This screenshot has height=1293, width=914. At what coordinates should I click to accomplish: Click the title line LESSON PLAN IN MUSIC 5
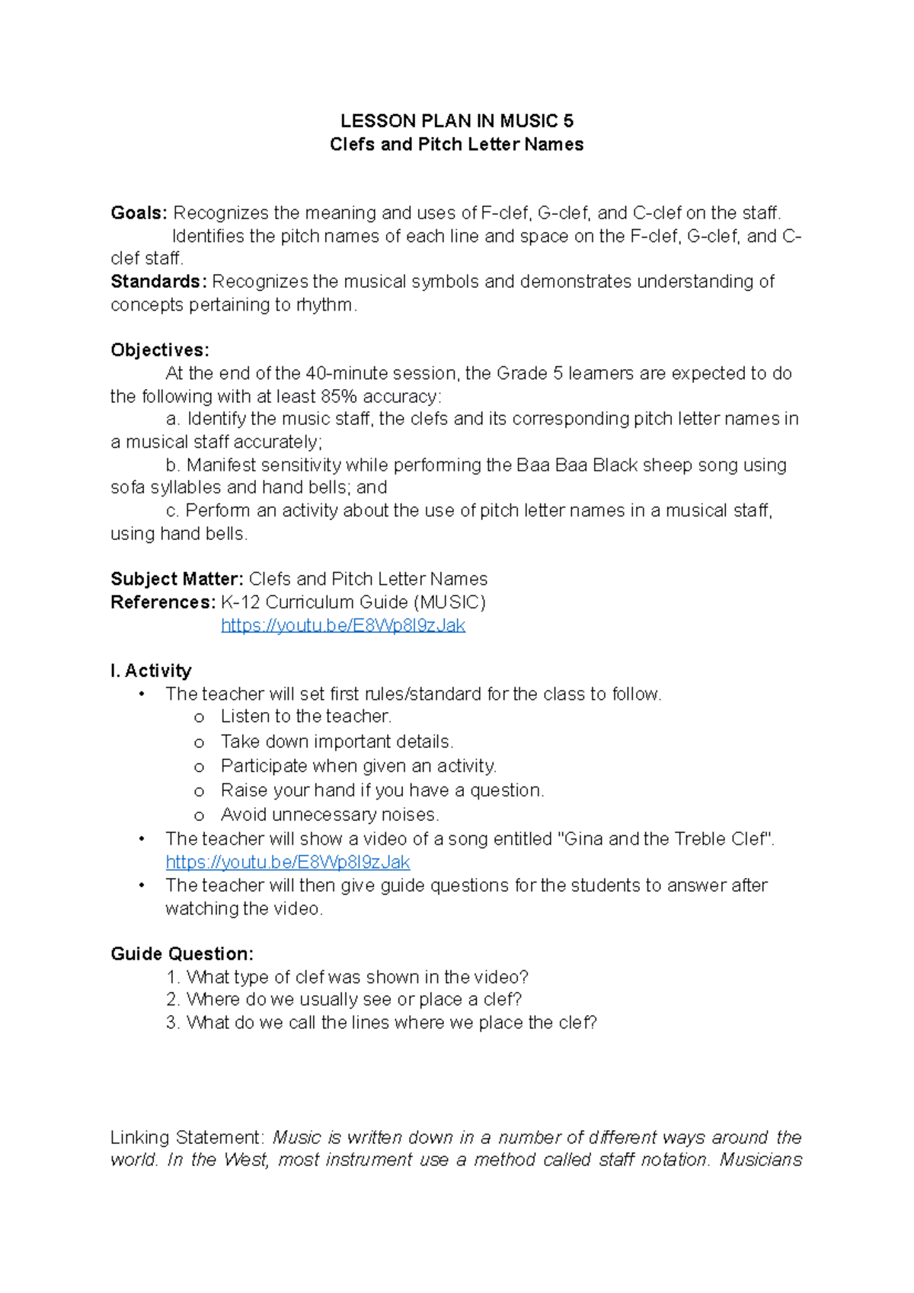point(456,121)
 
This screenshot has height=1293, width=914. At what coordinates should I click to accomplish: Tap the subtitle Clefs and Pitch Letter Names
point(456,145)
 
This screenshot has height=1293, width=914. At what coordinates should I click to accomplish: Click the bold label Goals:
point(139,213)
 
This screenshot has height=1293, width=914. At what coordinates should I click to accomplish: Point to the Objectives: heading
point(159,350)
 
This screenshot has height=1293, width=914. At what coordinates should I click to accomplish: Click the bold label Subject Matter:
point(177,579)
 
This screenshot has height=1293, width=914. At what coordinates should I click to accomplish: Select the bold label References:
point(163,602)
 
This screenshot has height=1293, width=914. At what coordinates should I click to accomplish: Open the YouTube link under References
point(343,626)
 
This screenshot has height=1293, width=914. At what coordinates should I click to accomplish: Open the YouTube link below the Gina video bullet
point(287,862)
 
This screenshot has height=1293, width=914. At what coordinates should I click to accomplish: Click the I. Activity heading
point(151,671)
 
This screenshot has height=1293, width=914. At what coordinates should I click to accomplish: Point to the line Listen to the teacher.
point(305,717)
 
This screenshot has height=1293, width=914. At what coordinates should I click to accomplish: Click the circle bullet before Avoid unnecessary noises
point(200,816)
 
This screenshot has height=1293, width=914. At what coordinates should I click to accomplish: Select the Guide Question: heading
point(182,954)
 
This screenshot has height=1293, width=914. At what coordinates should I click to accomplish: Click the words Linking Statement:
point(187,1138)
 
